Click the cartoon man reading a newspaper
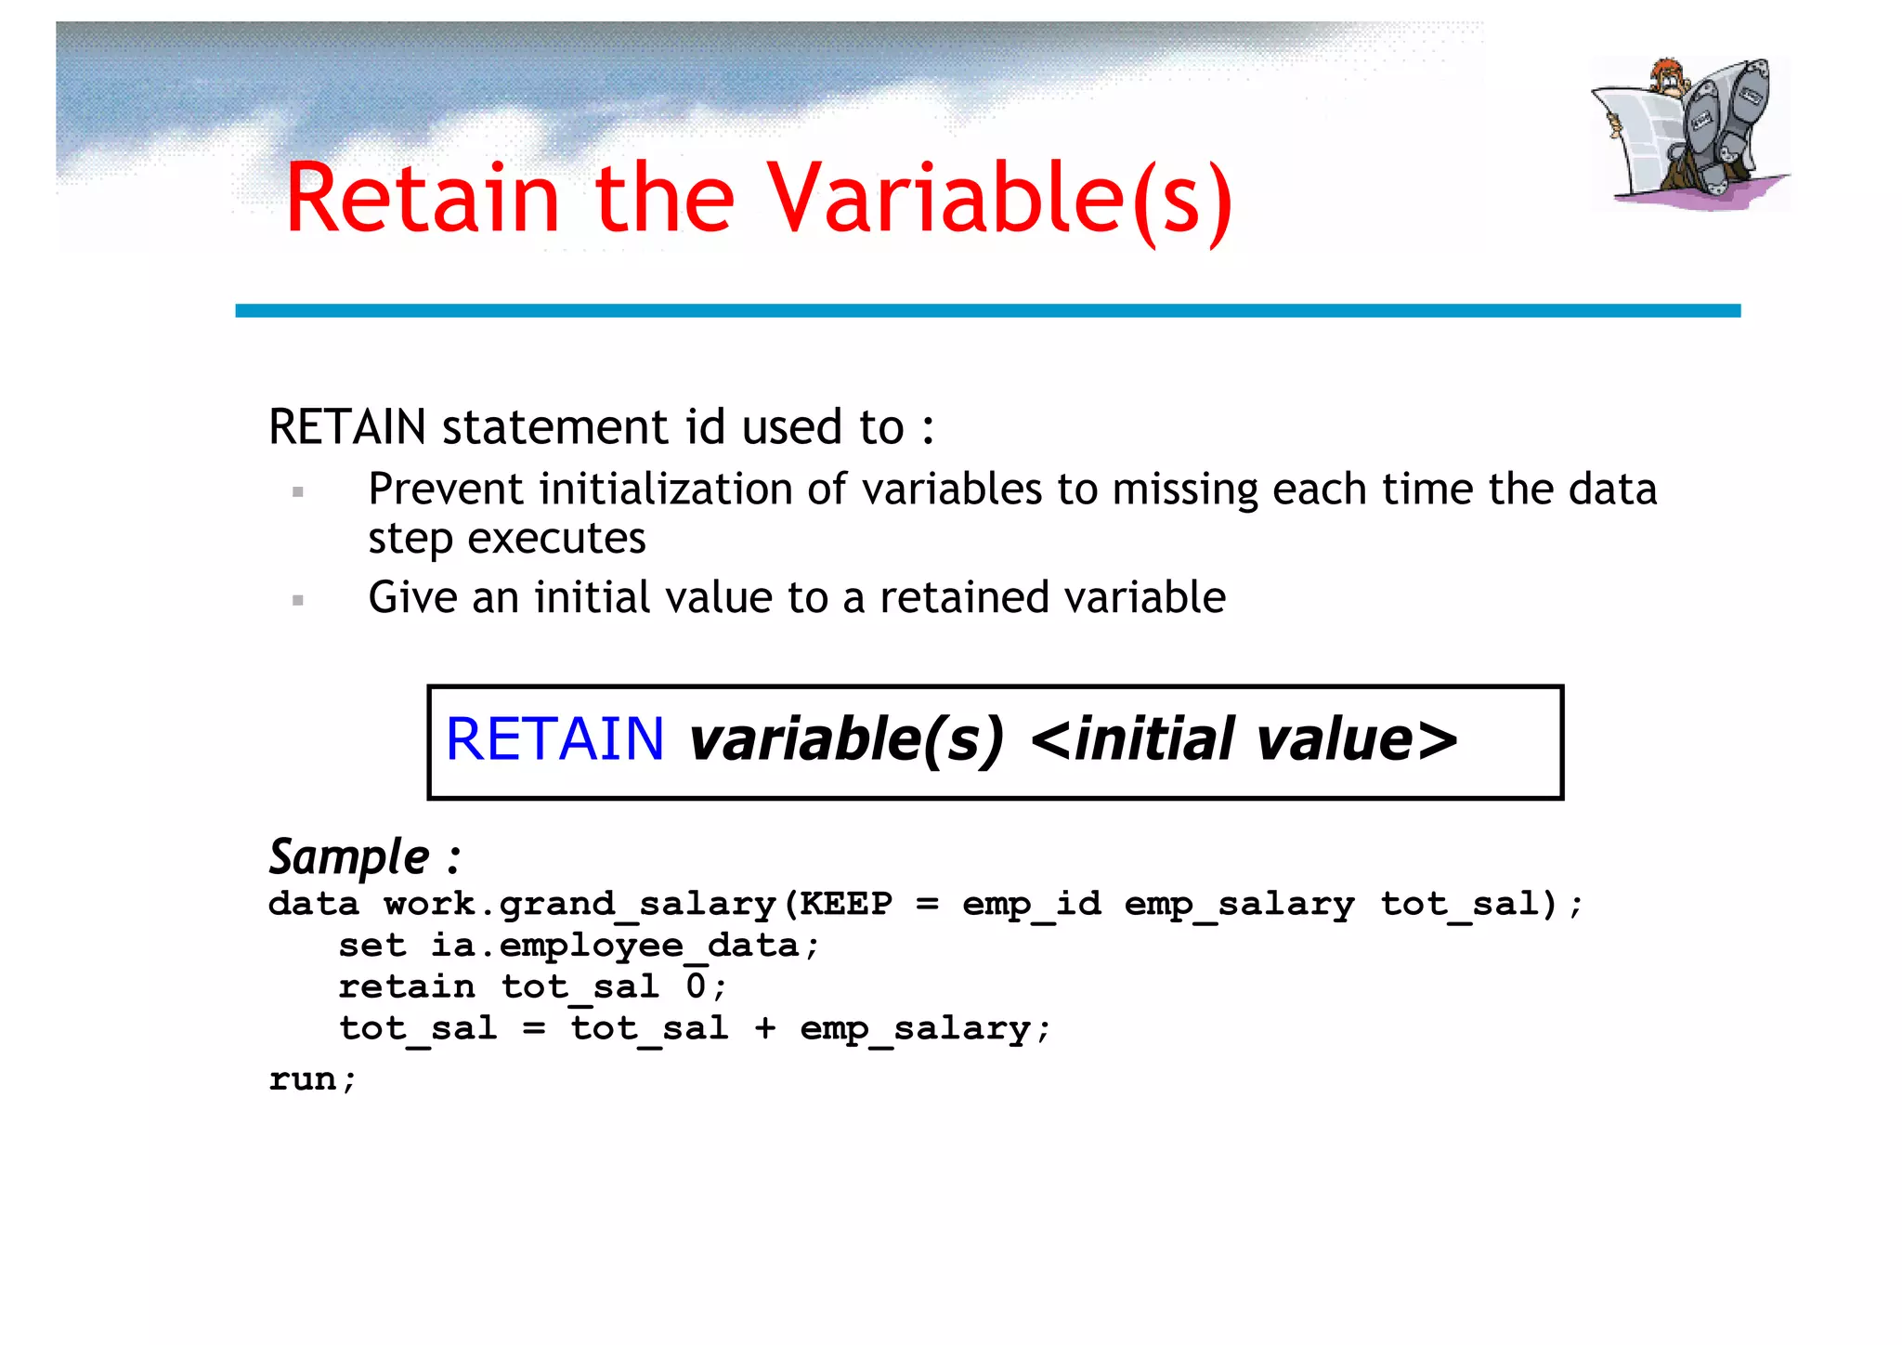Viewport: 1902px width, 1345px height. point(1688,133)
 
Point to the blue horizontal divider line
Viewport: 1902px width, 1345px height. point(987,310)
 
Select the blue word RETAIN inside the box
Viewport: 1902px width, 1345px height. point(554,739)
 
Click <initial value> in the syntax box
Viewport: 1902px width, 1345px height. point(1244,739)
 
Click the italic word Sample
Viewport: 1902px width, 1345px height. point(349,856)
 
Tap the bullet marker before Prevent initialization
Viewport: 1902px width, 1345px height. point(298,492)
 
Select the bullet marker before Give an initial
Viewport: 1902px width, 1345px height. point(298,600)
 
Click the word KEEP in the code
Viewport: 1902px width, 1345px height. point(846,903)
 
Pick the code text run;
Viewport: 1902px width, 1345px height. point(312,1078)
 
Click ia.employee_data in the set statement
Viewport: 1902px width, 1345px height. point(614,945)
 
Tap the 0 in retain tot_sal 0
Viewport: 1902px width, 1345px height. point(696,986)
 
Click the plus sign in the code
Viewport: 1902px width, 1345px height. point(764,1027)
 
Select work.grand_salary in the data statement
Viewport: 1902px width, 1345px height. point(580,903)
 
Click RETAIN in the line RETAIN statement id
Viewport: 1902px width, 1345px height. point(347,427)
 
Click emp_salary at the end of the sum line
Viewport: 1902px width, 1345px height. point(915,1028)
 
